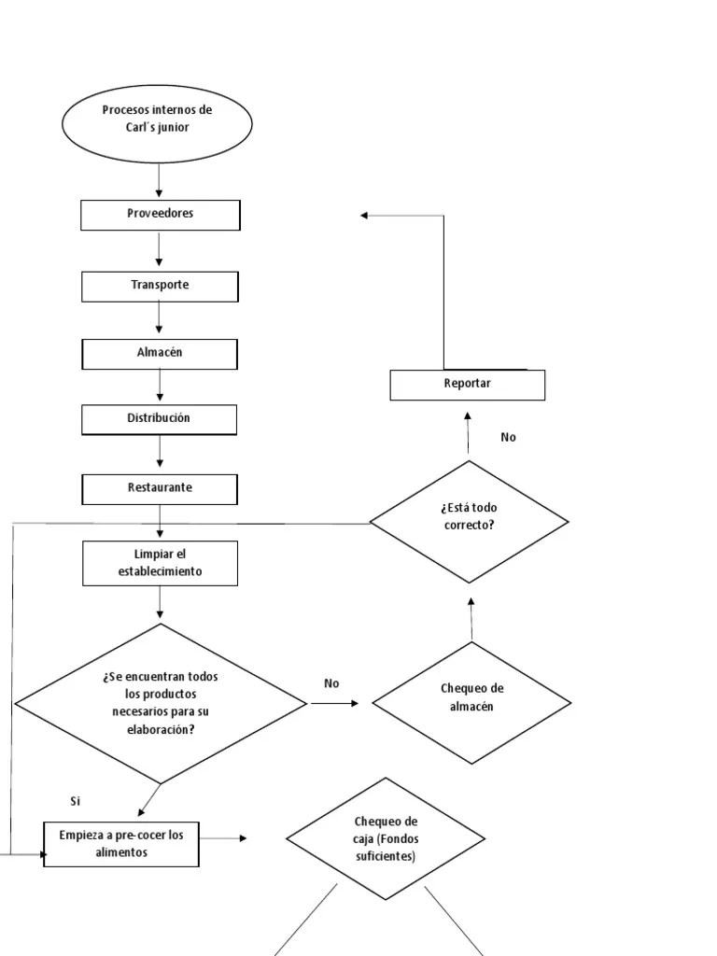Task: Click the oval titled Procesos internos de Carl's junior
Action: [157, 123]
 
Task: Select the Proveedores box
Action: [160, 215]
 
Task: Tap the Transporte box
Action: [160, 286]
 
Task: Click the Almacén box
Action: [160, 353]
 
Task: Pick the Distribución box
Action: [160, 419]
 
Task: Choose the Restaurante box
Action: [160, 488]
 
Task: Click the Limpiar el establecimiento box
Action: [160, 564]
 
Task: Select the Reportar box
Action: [467, 385]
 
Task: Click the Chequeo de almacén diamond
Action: [471, 702]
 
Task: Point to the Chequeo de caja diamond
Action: [386, 838]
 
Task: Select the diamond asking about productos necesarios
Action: [161, 703]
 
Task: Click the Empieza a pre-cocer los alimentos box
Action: [121, 844]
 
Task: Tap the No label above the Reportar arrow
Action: [508, 437]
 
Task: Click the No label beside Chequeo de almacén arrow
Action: [331, 683]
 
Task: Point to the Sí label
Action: [76, 801]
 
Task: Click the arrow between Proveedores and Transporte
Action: [160, 250]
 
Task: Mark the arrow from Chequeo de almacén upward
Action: [471, 619]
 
